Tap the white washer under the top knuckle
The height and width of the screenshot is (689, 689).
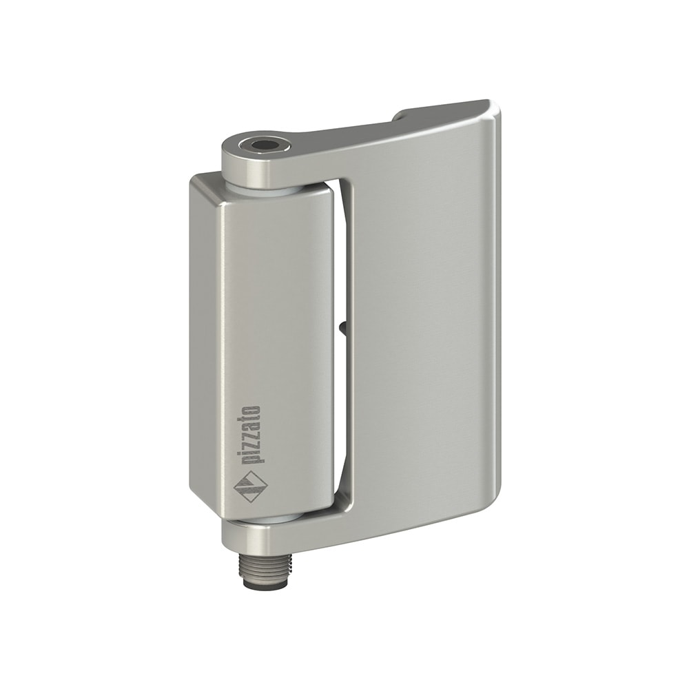[x=265, y=187]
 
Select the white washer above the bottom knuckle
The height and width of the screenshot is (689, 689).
[x=265, y=518]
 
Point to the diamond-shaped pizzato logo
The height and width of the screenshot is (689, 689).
[x=250, y=487]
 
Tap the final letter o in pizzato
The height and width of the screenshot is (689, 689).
[x=252, y=411]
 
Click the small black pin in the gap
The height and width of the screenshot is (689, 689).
[x=342, y=330]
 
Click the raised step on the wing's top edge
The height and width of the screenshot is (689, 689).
[x=403, y=113]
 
